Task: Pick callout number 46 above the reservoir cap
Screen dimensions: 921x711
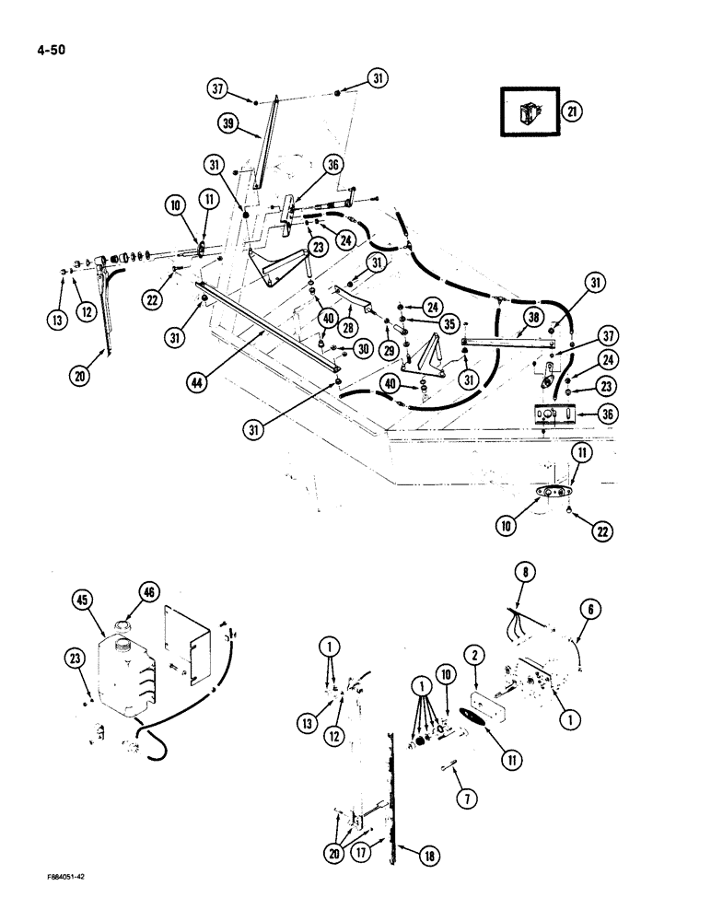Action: tap(147, 590)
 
